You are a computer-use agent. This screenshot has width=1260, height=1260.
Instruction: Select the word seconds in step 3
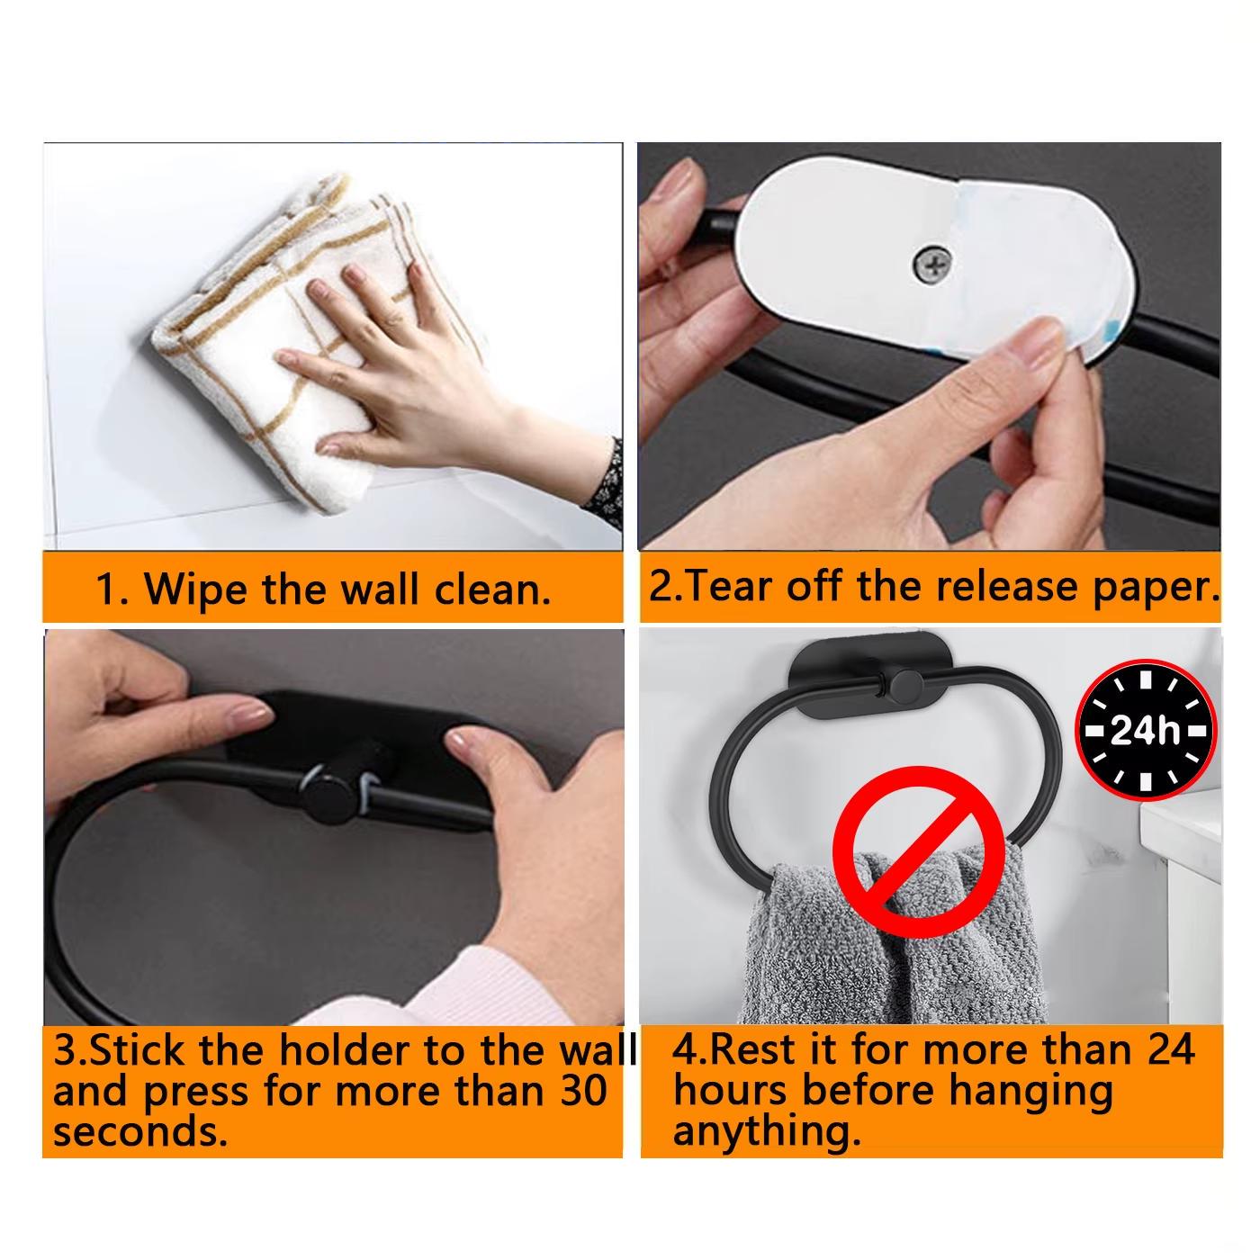[139, 1132]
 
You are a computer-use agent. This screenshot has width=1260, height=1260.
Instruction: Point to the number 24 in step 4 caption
[1172, 1050]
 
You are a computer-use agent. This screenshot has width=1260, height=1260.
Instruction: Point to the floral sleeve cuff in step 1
[605, 481]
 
